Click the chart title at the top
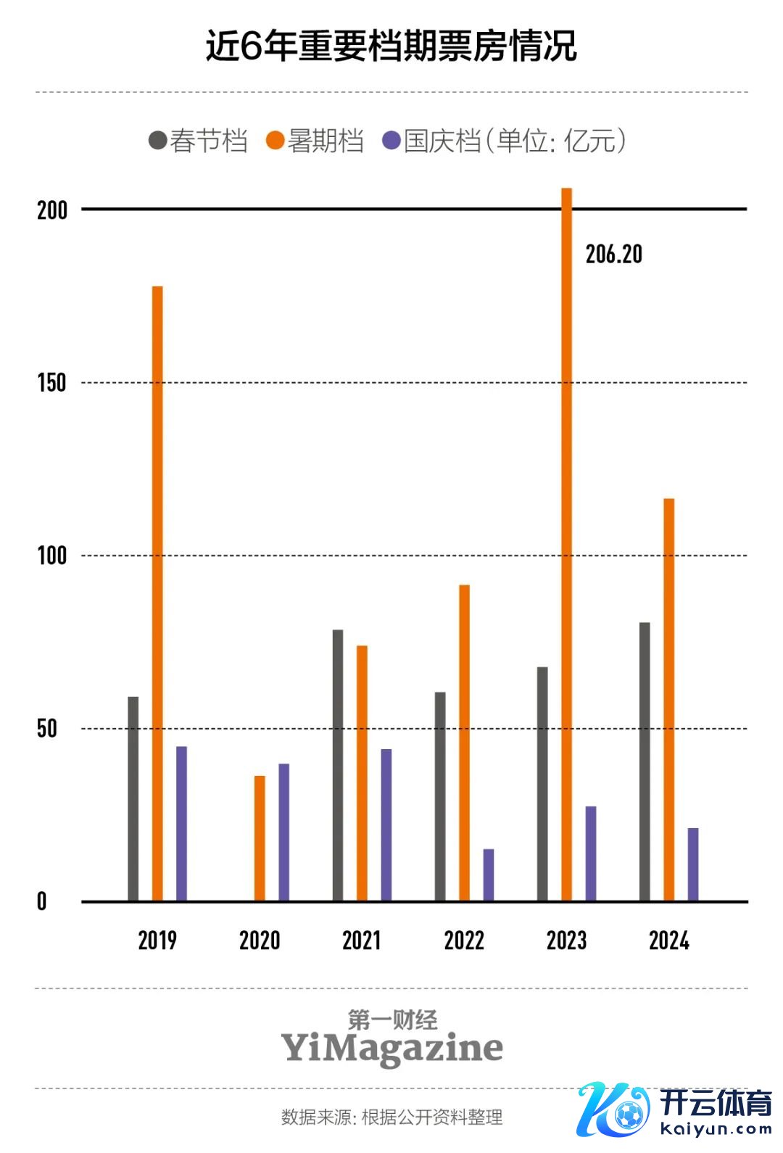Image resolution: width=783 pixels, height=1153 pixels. (391, 46)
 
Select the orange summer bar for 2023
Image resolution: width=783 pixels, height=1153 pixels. (566, 544)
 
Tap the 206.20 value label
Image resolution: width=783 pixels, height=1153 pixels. (613, 255)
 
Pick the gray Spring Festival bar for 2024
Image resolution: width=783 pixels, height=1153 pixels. (645, 761)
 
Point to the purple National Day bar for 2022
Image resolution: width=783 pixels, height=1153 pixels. (489, 875)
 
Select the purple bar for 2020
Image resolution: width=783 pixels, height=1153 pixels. (283, 832)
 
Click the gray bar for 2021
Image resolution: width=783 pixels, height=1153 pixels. (338, 765)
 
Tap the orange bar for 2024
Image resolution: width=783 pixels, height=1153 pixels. (668, 700)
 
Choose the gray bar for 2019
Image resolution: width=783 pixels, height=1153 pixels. (133, 798)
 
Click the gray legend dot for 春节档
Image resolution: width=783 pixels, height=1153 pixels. (157, 140)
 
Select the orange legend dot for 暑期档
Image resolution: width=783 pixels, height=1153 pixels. (275, 140)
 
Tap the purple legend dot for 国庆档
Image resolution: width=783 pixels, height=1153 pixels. (391, 140)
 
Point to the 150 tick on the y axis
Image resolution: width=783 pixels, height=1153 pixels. (51, 383)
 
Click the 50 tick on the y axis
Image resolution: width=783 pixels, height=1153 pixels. (47, 729)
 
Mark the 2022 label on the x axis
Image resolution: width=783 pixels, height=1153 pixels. (464, 941)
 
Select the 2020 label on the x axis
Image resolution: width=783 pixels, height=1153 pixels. (260, 941)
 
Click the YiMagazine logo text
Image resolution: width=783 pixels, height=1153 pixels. (391, 1048)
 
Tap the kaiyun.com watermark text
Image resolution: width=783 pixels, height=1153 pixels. (716, 1129)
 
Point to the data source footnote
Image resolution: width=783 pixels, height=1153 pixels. (391, 1117)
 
